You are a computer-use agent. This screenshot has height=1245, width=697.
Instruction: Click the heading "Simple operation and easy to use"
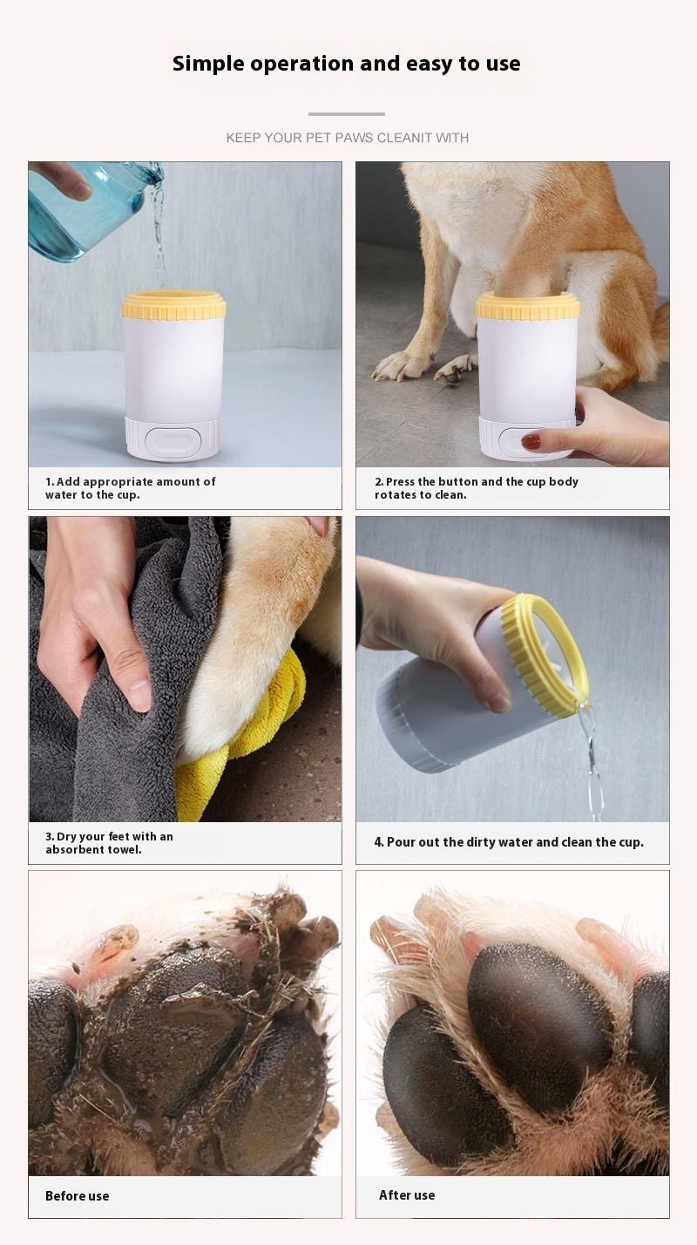347,64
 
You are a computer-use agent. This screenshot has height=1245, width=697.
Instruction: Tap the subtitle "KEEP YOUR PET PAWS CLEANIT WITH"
347,138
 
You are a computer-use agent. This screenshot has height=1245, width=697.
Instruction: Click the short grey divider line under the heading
347,114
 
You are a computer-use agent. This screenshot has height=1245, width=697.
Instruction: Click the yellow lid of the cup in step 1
173,305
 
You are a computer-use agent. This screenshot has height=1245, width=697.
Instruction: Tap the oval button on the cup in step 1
173,438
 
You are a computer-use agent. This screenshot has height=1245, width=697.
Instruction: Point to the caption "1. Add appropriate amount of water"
131,488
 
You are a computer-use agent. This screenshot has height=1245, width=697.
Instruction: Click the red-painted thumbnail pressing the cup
531,442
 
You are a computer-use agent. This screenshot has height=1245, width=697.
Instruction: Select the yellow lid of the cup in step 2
527,307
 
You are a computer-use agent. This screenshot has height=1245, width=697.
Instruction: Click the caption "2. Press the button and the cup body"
476,488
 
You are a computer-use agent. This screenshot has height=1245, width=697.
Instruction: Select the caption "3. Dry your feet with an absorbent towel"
109,843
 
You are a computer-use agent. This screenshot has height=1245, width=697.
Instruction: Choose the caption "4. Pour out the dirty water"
509,842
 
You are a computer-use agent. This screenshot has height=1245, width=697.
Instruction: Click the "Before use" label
78,1196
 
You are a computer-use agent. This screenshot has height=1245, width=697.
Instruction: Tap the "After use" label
407,1195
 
